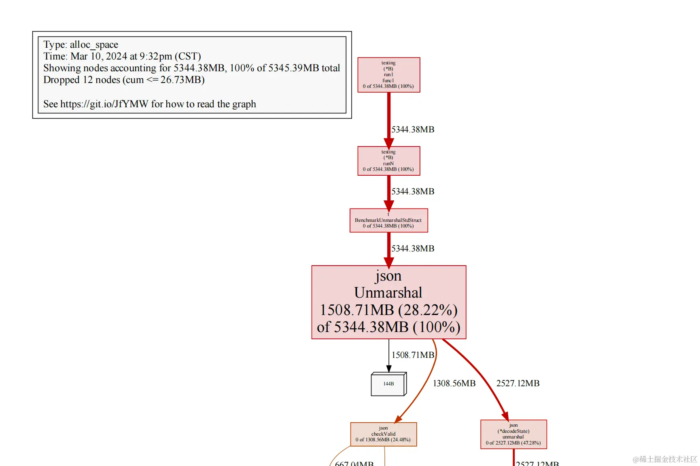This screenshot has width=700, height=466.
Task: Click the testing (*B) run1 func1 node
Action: [388, 75]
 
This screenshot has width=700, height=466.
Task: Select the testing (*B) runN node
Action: [388, 161]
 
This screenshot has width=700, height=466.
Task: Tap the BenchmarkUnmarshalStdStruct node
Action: [388, 221]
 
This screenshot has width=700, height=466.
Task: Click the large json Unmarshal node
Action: [388, 302]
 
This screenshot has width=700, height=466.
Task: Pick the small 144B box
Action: [388, 384]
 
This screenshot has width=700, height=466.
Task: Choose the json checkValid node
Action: [383, 434]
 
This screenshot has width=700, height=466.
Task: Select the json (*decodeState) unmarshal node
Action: [513, 434]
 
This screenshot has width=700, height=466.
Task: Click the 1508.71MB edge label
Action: [412, 355]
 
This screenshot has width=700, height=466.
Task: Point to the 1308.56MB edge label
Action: [454, 383]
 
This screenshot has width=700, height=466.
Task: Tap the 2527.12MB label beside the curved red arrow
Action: [518, 383]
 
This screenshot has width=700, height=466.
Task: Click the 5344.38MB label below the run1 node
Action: [412, 130]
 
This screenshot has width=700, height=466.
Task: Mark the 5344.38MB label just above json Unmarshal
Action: [412, 249]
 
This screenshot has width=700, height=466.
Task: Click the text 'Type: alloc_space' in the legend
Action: [81, 45]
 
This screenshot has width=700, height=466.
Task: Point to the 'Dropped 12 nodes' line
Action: [124, 80]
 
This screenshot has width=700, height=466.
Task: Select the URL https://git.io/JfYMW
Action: [104, 104]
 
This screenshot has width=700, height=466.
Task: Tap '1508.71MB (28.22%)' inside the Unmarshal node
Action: [388, 310]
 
